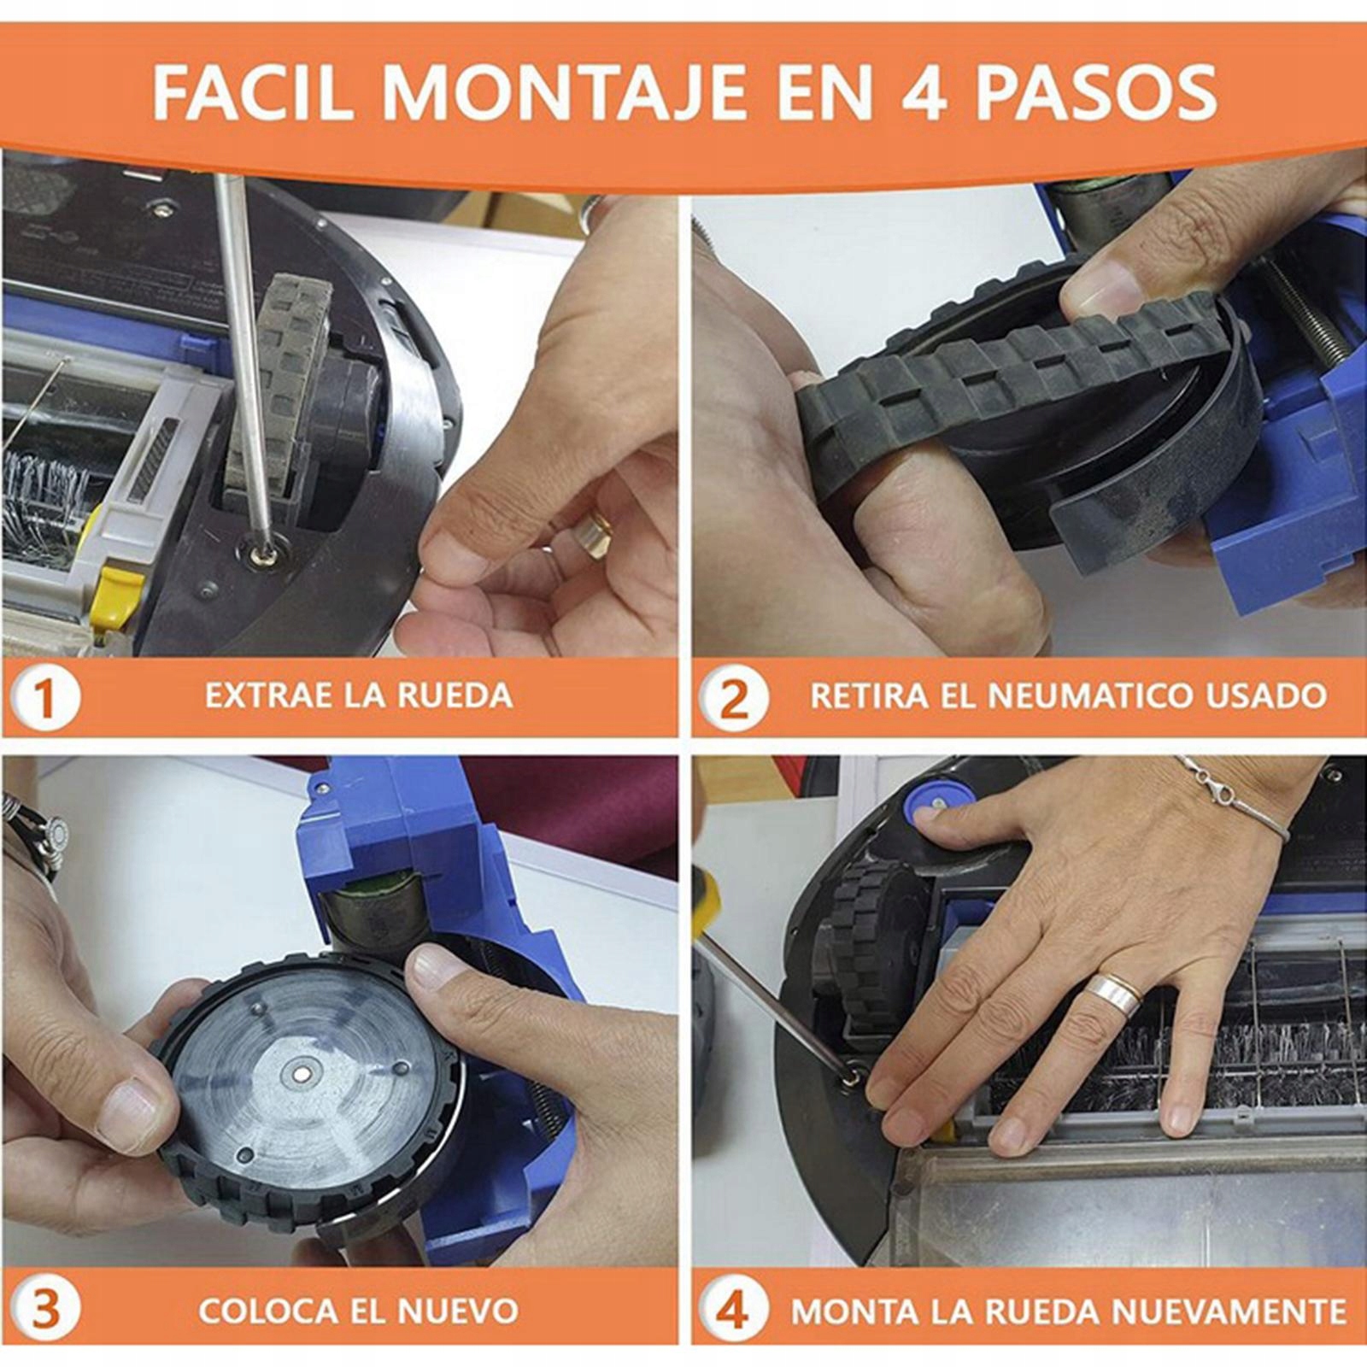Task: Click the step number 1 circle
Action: coord(45,696)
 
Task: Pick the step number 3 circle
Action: coord(45,1308)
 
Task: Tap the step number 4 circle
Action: coord(732,1308)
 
